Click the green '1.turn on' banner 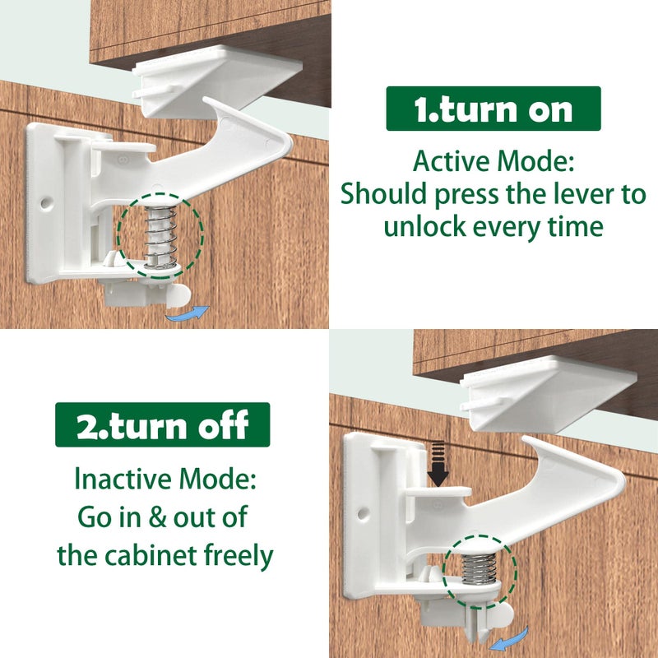[493, 109]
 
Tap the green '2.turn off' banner [163, 424]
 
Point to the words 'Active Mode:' [493, 162]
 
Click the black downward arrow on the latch [438, 465]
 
